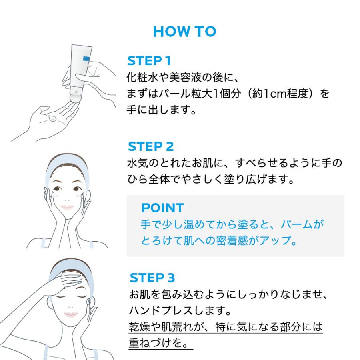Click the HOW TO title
coord(184,32)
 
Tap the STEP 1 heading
coord(149,61)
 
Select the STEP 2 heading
coord(150,146)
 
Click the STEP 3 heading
coord(152,278)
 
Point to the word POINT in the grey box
coord(162,208)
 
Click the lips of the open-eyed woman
coord(66,208)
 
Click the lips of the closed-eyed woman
coord(70,314)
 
